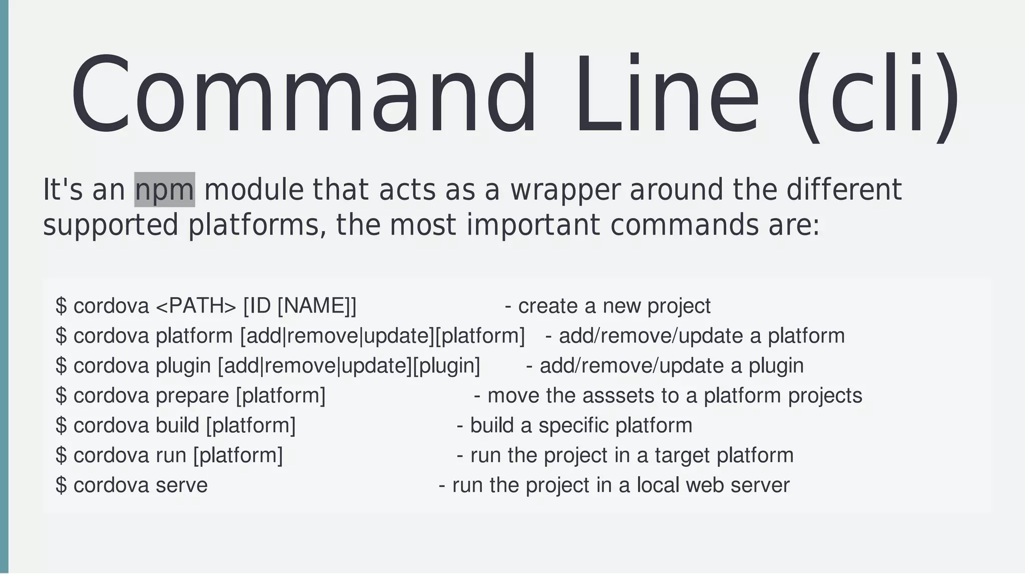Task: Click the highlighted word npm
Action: point(165,190)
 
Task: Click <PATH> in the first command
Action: point(196,306)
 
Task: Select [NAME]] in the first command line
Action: point(317,306)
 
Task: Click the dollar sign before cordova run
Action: point(61,456)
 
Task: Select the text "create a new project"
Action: point(614,306)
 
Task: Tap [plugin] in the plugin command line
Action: point(446,366)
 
